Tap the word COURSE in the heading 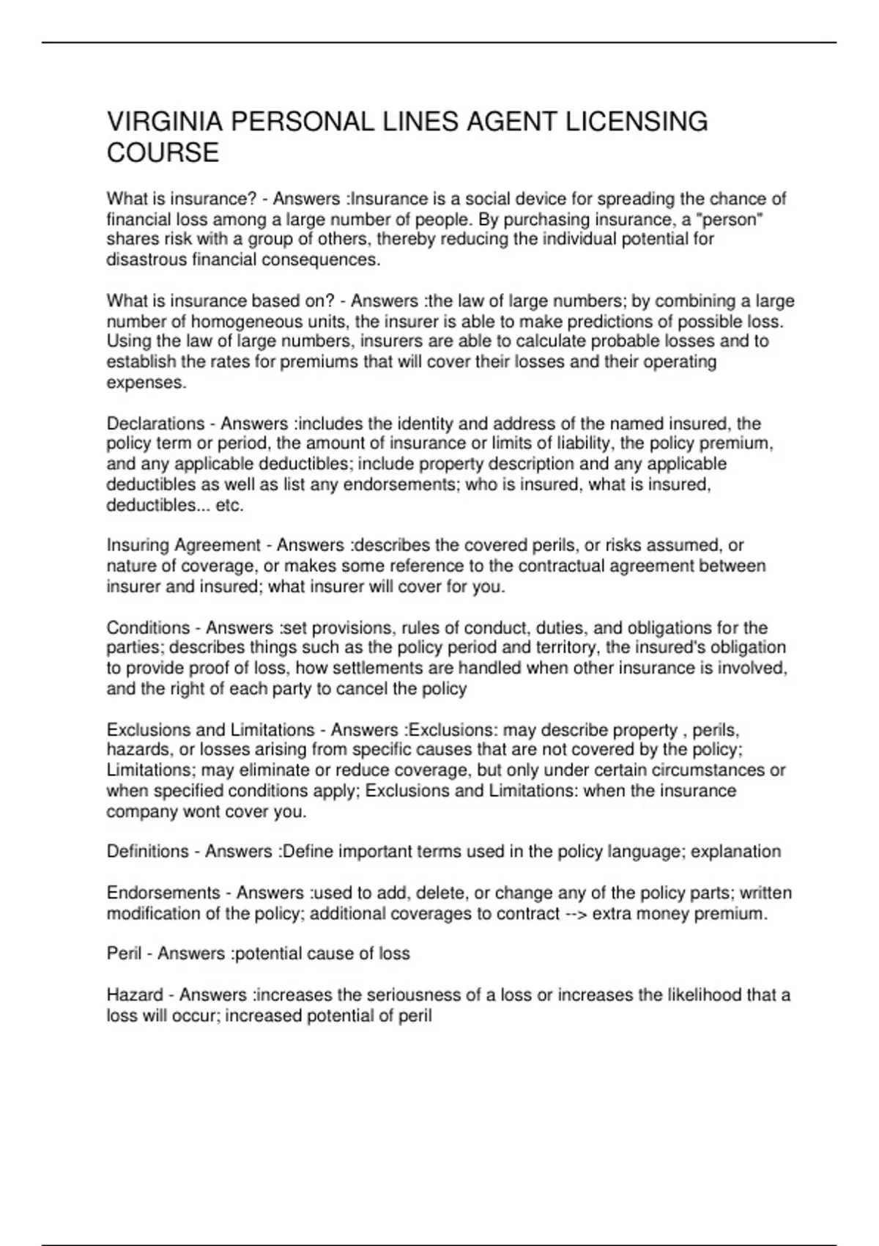[x=163, y=153]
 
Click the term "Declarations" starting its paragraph [x=155, y=424]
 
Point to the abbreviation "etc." [x=230, y=505]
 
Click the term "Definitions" [x=148, y=852]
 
